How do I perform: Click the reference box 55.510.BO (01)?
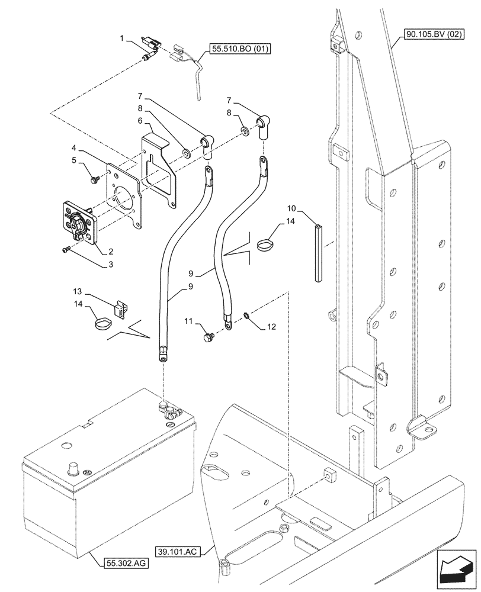click(239, 50)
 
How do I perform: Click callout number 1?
click(121, 38)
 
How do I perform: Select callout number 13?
click(78, 293)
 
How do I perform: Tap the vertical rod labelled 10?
click(318, 252)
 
